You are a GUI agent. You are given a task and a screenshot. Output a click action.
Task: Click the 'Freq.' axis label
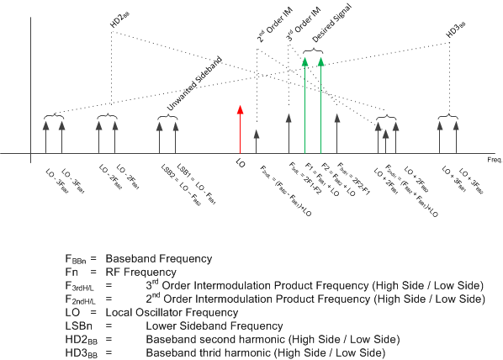click(493, 159)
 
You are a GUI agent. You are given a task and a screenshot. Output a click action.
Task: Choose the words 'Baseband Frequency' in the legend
click(156, 257)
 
